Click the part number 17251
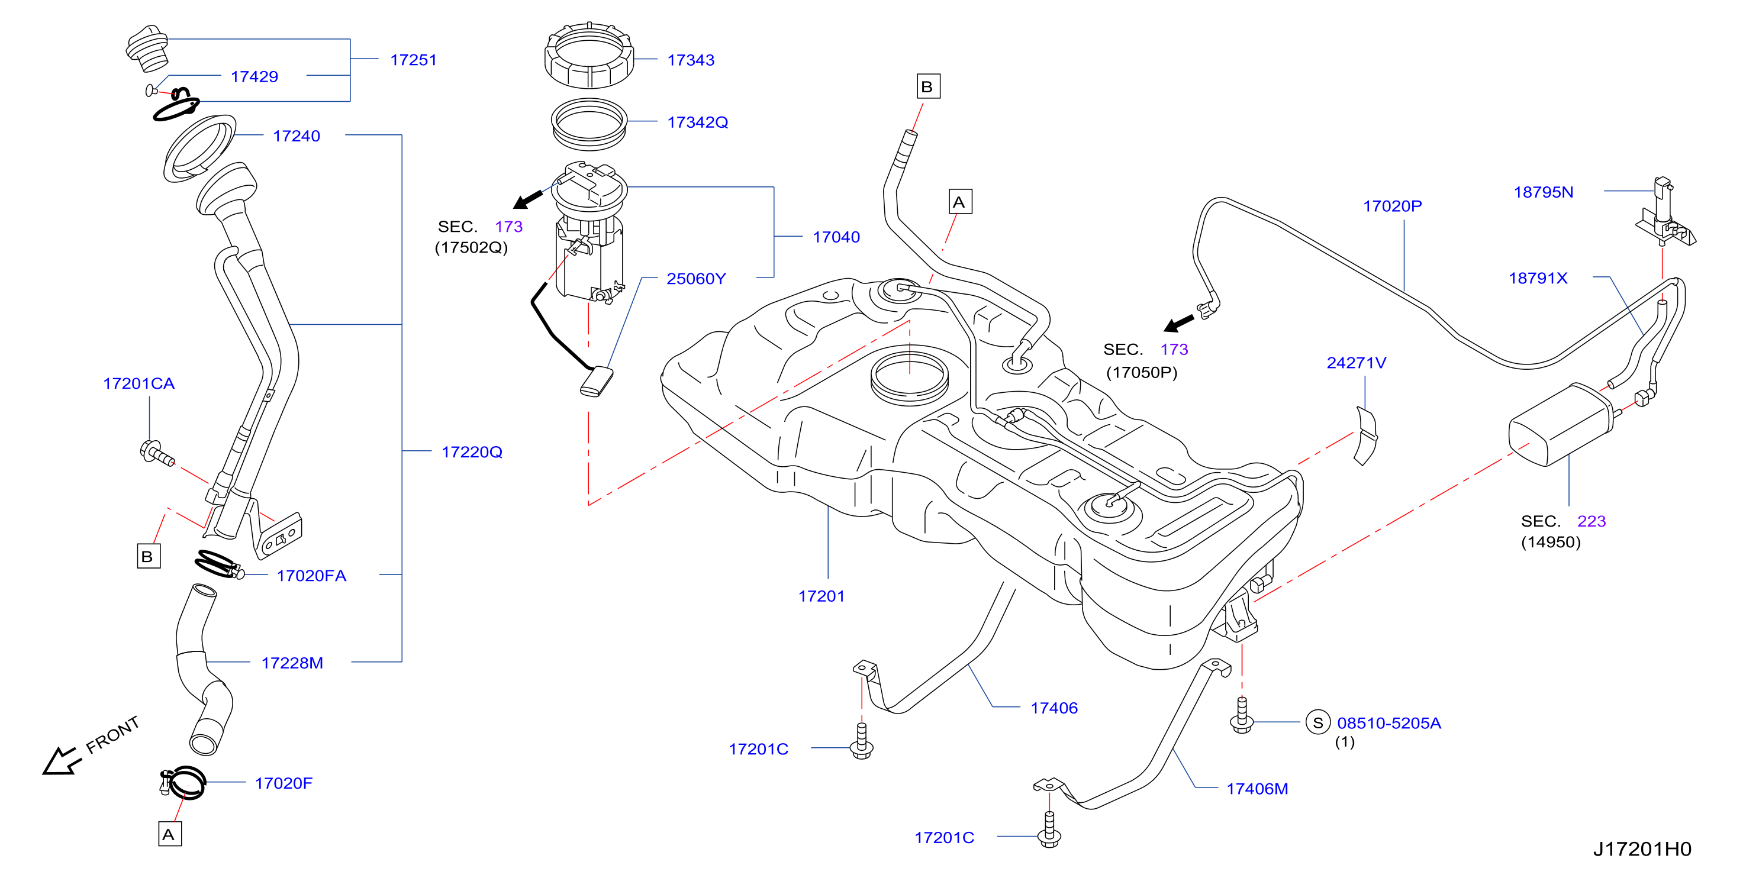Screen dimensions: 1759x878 tap(413, 60)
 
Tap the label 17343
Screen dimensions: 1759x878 tap(690, 60)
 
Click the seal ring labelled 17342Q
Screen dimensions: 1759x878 tap(589, 124)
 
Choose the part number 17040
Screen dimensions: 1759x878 tap(836, 237)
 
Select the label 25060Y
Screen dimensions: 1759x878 tap(696, 279)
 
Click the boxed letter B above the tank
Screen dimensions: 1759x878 tap(928, 87)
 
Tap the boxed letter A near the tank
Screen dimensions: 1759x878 tap(960, 202)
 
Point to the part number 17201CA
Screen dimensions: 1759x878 tap(138, 384)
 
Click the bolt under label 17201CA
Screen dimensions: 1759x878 tap(157, 453)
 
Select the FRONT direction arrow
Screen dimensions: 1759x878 tap(62, 761)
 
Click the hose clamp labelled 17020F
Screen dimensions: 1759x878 tap(183, 782)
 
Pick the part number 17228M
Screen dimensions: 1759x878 tap(292, 663)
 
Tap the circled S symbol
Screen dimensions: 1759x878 tap(1318, 722)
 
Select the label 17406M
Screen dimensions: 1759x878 tap(1257, 789)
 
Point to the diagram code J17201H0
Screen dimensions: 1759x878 tap(1642, 848)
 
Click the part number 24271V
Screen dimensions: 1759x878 tap(1356, 363)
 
